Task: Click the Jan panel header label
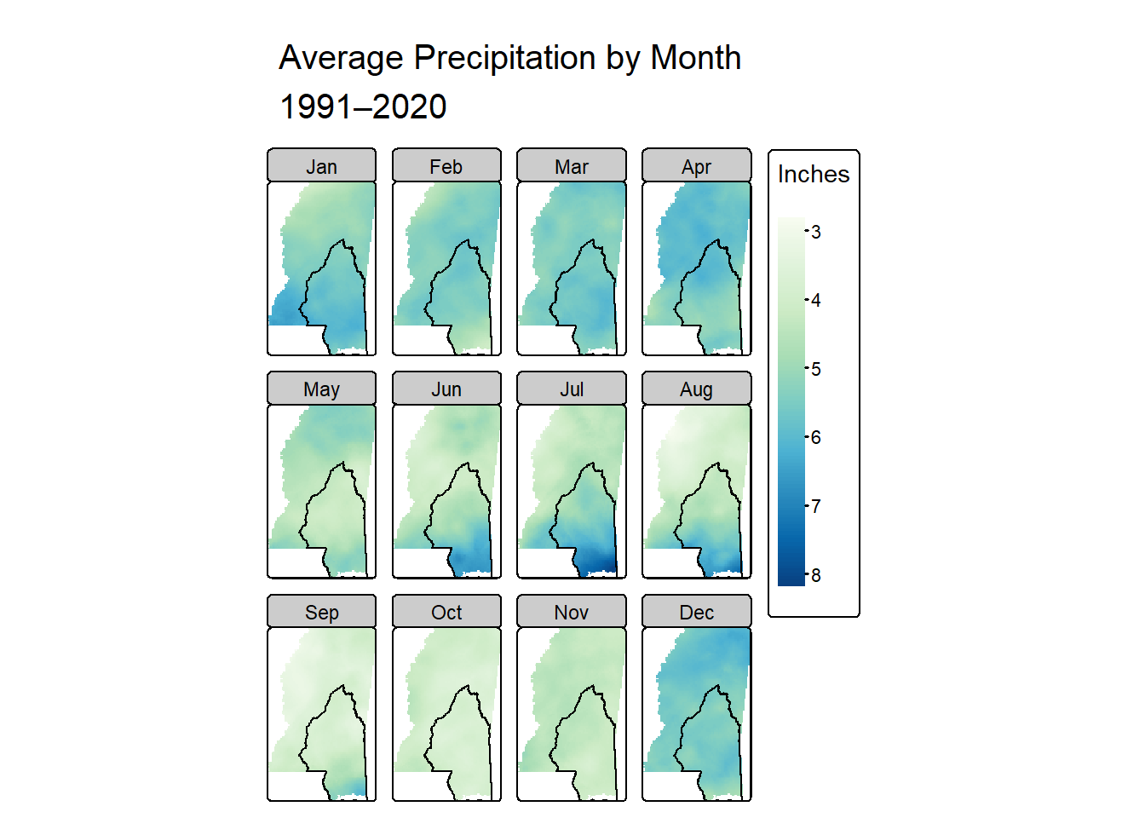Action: click(x=321, y=166)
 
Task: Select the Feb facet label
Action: click(x=446, y=166)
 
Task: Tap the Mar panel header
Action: click(x=572, y=166)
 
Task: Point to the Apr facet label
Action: click(x=696, y=166)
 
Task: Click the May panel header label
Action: click(x=321, y=389)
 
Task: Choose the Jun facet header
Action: click(x=446, y=389)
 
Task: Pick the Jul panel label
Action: click(x=572, y=389)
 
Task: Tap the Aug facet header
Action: click(x=696, y=389)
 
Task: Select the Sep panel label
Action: click(x=321, y=613)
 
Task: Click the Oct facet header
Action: click(x=446, y=613)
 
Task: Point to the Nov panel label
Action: click(x=572, y=613)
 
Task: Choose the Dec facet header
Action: click(x=696, y=613)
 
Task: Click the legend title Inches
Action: click(x=814, y=174)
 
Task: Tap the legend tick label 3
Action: click(x=816, y=232)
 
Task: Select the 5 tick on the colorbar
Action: click(x=816, y=369)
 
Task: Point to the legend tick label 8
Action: click(x=816, y=575)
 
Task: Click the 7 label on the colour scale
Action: click(x=816, y=506)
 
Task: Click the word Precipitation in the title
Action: click(x=504, y=58)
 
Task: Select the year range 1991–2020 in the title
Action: click(x=363, y=107)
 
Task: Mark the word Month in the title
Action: click(x=696, y=58)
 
